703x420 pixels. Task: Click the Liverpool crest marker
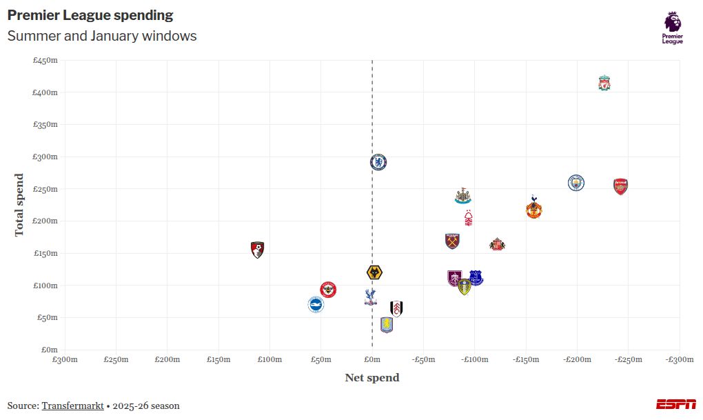[x=604, y=83]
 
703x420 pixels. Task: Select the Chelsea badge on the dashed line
[x=378, y=162]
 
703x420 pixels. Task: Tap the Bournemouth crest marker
[x=258, y=250]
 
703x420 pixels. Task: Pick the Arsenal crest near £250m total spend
[x=620, y=186]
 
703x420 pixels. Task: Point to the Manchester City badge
[x=576, y=183]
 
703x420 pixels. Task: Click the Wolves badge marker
[x=374, y=272]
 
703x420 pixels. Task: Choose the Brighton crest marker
[x=316, y=304]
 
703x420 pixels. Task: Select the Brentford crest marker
[x=328, y=289]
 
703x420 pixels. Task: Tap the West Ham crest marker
[x=452, y=241]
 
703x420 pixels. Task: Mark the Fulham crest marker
[x=396, y=308]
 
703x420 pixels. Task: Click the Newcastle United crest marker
[x=462, y=195]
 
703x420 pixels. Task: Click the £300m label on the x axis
[x=65, y=359]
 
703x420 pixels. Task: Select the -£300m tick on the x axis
[x=679, y=359]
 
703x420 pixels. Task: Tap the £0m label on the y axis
[x=50, y=350]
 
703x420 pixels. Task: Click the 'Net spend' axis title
[x=371, y=378]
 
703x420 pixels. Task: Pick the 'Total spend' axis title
[x=19, y=205]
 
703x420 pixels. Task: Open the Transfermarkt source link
[x=72, y=406]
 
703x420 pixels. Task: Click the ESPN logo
[x=675, y=404]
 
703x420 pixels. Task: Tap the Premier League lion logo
[x=673, y=28]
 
